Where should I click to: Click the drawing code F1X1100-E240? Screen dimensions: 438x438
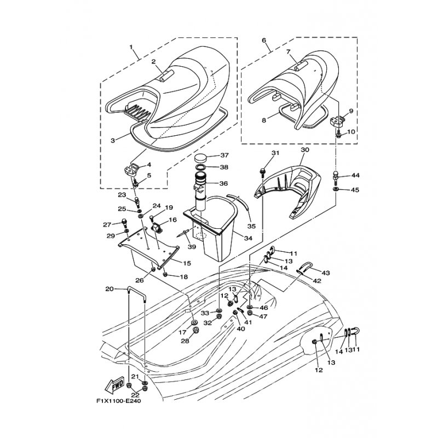click(119, 401)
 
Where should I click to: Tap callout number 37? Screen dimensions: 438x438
click(224, 155)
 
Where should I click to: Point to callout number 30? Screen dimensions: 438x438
click(305, 149)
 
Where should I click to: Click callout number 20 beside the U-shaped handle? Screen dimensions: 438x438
click(109, 289)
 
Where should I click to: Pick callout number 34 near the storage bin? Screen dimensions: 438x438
click(248, 238)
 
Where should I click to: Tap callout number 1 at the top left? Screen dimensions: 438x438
click(131, 47)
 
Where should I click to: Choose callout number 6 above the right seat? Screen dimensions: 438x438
click(264, 40)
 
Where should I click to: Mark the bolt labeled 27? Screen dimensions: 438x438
click(123, 222)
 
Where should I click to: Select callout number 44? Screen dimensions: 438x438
click(355, 175)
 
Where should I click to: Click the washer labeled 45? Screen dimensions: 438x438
click(336, 189)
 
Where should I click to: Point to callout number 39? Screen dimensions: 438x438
click(192, 247)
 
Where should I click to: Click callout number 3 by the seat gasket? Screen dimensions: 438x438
click(113, 140)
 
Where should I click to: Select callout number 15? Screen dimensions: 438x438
click(187, 263)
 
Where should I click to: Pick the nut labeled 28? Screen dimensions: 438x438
click(196, 331)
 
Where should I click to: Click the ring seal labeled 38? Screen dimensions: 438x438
click(201, 168)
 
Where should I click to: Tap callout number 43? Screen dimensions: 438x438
click(325, 273)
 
